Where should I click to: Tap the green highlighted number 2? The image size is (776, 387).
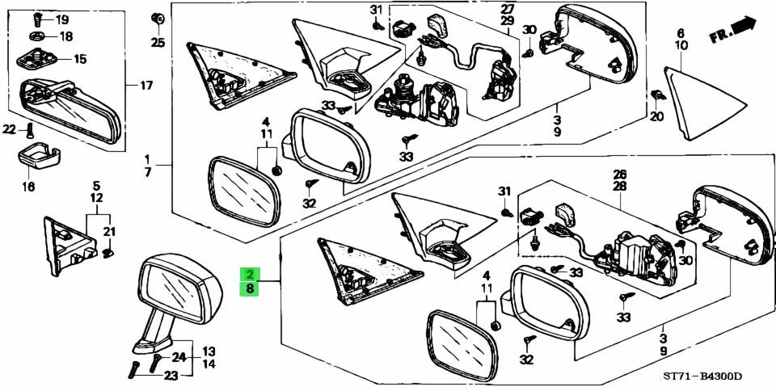coord(250,275)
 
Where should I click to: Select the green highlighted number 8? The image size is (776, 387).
coord(250,288)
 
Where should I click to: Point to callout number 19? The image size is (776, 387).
coord(62,20)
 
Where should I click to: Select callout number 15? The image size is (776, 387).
coord(80,60)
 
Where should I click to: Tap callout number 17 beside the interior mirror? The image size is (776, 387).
coord(145,86)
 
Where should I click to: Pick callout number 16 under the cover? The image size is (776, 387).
coord(28,187)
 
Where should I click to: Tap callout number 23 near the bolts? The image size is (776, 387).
coord(171,376)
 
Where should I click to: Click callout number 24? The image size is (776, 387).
coord(178,357)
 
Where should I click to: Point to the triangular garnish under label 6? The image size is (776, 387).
coord(704,103)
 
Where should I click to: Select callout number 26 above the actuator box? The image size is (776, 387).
coord(620,175)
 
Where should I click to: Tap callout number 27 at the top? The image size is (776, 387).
coord(507,8)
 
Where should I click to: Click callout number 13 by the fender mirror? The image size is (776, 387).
coord(209,352)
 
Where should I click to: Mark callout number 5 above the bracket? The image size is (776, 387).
coord(96,186)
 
